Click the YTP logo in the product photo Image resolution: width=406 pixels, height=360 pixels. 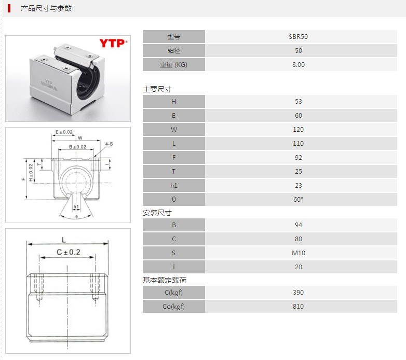tap(113, 43)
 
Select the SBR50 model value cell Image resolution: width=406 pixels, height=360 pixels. tap(298, 37)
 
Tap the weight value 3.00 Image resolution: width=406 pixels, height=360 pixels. tap(298, 65)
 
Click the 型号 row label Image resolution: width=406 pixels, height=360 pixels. tap(173, 37)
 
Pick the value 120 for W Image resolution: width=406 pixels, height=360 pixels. tap(298, 130)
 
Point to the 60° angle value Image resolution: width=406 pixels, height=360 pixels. tap(298, 200)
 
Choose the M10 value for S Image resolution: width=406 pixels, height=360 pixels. tap(298, 253)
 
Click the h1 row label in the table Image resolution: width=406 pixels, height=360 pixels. tap(173, 186)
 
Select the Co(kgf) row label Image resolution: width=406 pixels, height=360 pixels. tap(173, 307)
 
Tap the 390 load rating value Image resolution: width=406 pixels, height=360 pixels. tap(298, 293)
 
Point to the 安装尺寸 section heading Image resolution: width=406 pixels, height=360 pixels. tap(157, 213)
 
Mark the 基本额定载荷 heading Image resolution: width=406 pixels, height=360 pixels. tap(164, 280)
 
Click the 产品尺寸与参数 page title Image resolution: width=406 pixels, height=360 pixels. tap(46, 8)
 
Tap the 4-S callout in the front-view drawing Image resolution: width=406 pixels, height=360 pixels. tap(109, 144)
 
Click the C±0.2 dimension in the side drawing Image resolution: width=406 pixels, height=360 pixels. tap(68, 253)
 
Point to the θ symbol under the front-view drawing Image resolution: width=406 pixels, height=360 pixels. tap(76, 216)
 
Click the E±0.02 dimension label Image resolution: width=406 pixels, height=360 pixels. tap(64, 132)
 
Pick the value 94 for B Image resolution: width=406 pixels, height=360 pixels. tap(298, 225)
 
